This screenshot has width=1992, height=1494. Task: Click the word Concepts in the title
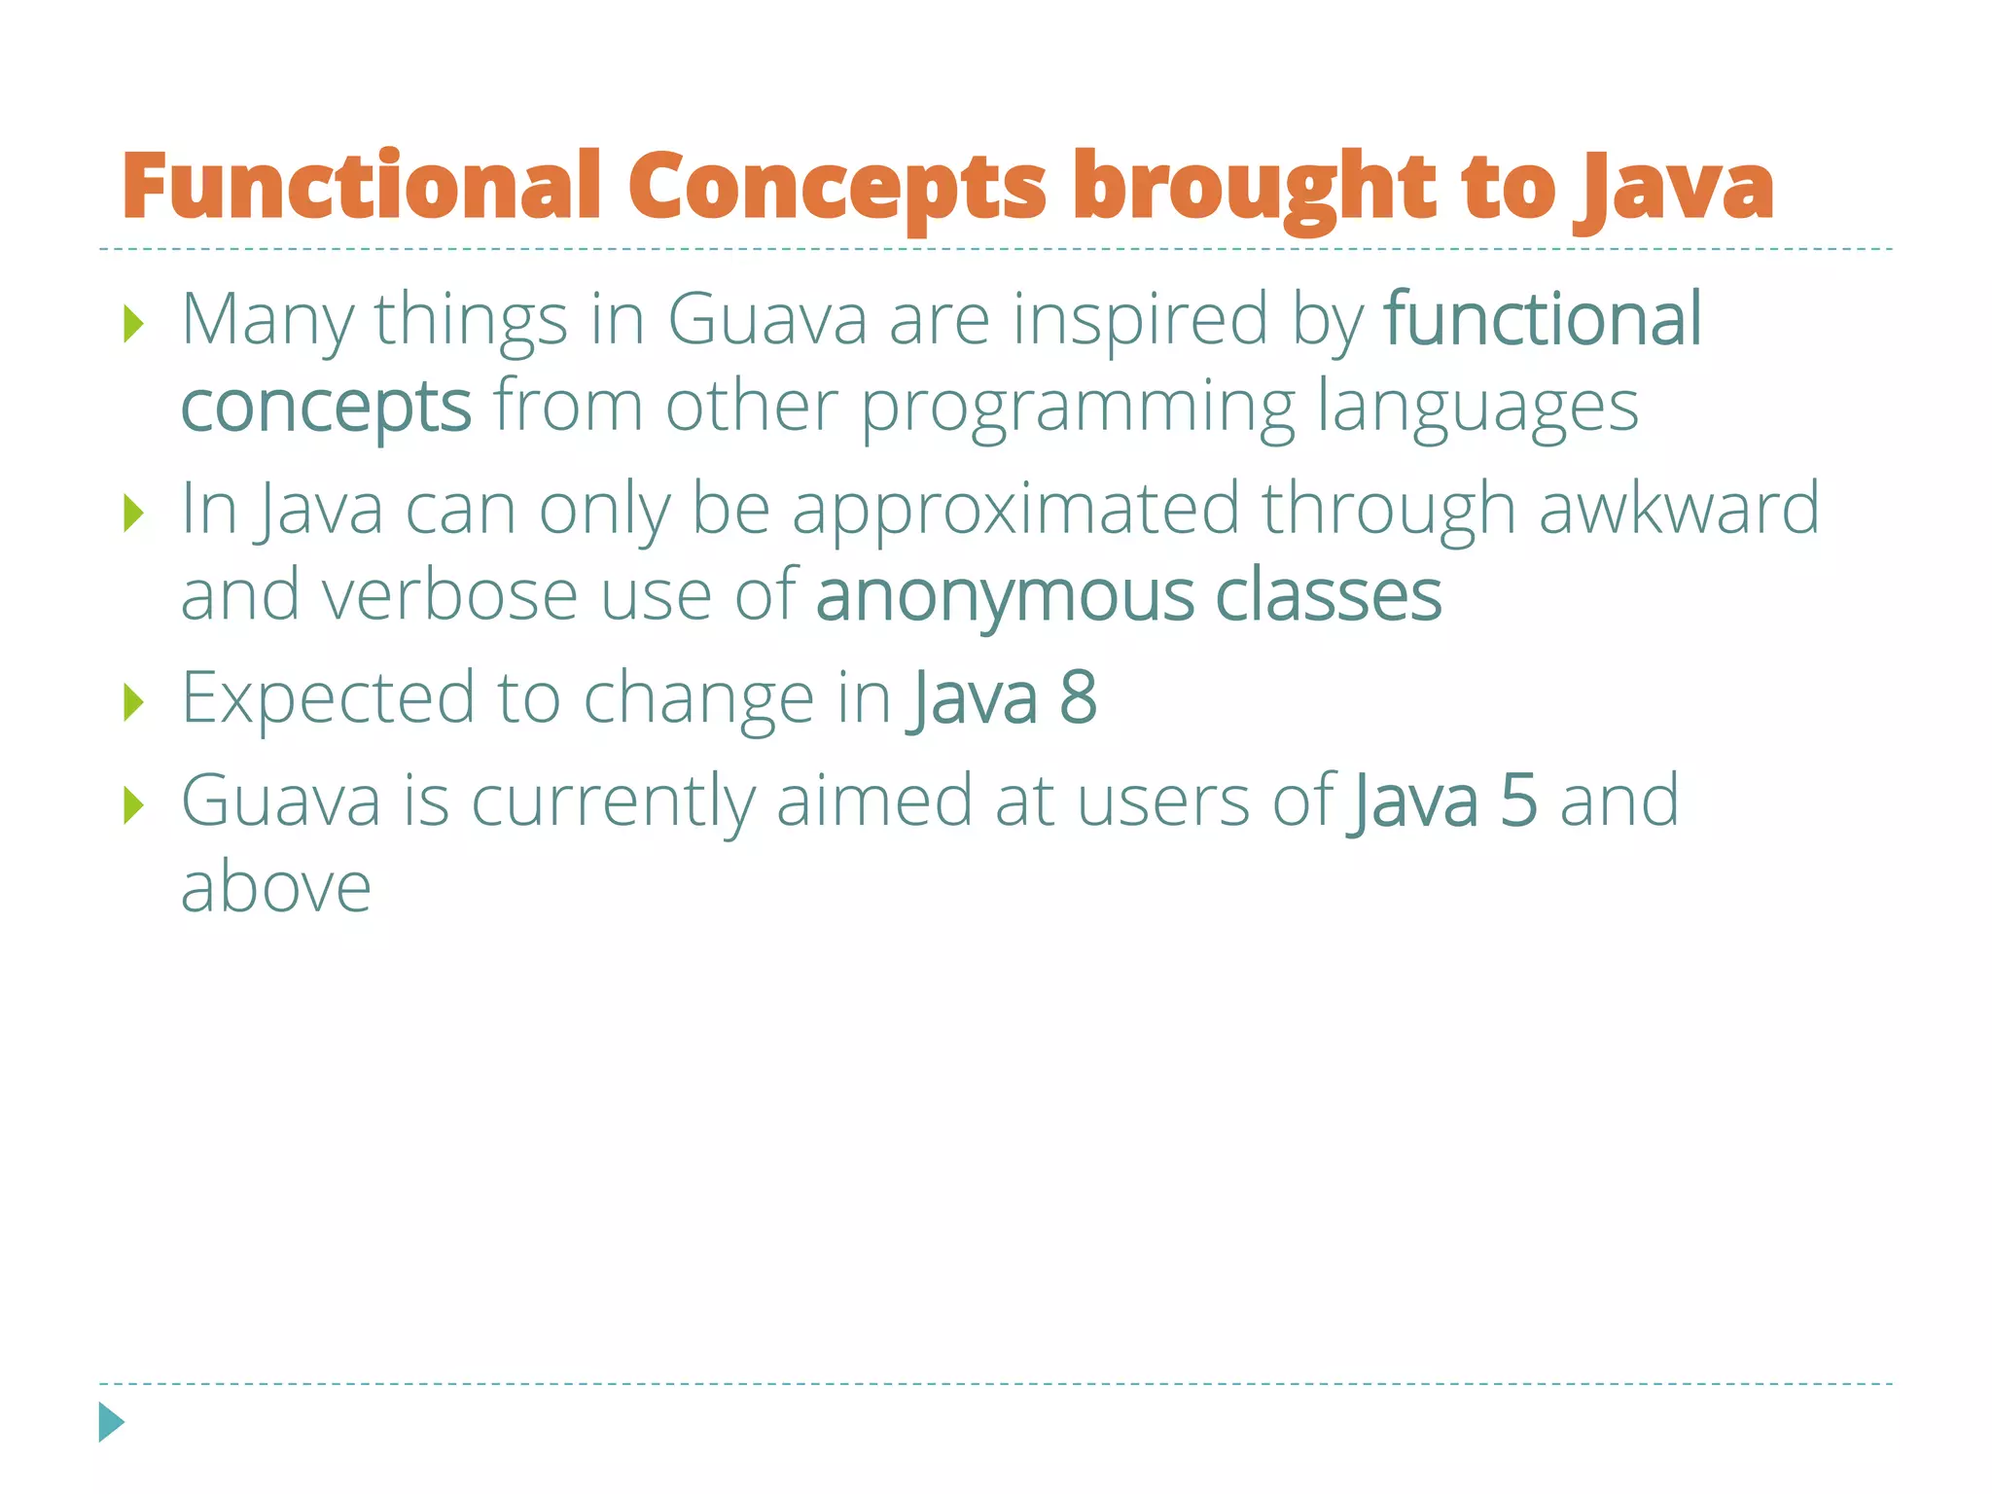(x=837, y=186)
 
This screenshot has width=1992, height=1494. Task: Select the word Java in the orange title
(x=1674, y=186)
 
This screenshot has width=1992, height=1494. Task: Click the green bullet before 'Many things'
(x=134, y=323)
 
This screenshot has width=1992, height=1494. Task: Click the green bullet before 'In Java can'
(x=134, y=513)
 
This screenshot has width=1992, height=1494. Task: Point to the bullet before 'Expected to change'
(x=134, y=701)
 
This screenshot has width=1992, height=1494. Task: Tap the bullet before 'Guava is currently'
(x=134, y=804)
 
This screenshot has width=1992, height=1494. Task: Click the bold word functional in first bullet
(x=1543, y=318)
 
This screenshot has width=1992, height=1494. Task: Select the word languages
(x=1477, y=407)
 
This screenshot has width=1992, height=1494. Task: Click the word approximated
(x=1015, y=510)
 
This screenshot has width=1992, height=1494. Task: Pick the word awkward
(x=1679, y=508)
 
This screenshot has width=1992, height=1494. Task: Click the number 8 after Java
(x=1078, y=697)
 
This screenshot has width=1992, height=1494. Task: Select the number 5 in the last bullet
(x=1519, y=800)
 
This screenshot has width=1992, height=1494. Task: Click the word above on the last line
(x=276, y=887)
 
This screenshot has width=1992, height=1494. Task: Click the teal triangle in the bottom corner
(x=110, y=1422)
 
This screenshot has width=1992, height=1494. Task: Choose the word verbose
(x=449, y=595)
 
